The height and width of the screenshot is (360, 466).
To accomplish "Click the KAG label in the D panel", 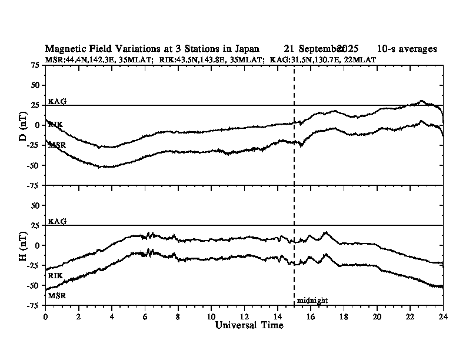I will [x=57, y=101].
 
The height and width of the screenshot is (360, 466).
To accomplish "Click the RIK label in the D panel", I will [x=56, y=124].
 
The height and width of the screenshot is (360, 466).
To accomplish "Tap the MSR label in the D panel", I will [x=57, y=144].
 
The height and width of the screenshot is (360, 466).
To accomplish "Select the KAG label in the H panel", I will [x=57, y=221].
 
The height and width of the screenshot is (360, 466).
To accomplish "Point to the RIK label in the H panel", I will [x=55, y=275].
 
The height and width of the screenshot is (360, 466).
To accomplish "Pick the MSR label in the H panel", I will [x=56, y=295].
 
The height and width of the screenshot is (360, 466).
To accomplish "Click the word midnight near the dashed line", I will [x=312, y=301].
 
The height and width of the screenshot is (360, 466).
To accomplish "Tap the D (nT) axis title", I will [x=22, y=125].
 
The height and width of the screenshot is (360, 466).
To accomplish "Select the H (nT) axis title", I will [x=22, y=245].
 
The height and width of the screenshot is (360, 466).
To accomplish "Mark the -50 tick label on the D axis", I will [x=33, y=165].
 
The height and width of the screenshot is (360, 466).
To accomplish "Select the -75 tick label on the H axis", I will [x=33, y=305].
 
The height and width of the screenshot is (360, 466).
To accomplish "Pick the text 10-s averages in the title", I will [x=407, y=49].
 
